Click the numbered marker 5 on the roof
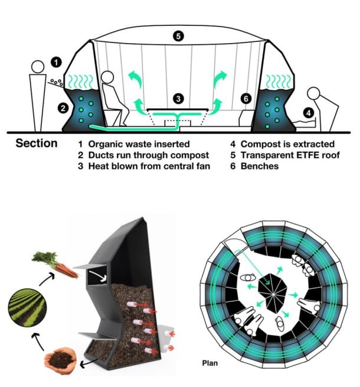pyautogui.click(x=179, y=36)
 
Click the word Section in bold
pyautogui.click(x=37, y=144)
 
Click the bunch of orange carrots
pyautogui.click(x=55, y=264)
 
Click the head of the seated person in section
pyautogui.click(x=107, y=78)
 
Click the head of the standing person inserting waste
pyautogui.click(x=37, y=67)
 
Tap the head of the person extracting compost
pyautogui.click(x=313, y=93)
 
